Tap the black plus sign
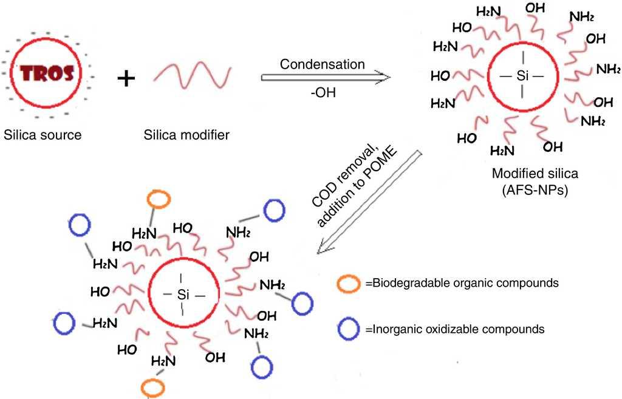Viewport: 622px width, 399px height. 126,78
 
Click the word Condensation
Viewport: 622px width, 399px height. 322,64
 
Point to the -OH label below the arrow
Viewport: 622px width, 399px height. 322,94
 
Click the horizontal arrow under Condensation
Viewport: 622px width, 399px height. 324,78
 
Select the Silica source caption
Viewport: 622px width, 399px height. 42,134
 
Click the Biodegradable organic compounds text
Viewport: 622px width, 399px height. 462,284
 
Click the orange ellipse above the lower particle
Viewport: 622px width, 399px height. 160,200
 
